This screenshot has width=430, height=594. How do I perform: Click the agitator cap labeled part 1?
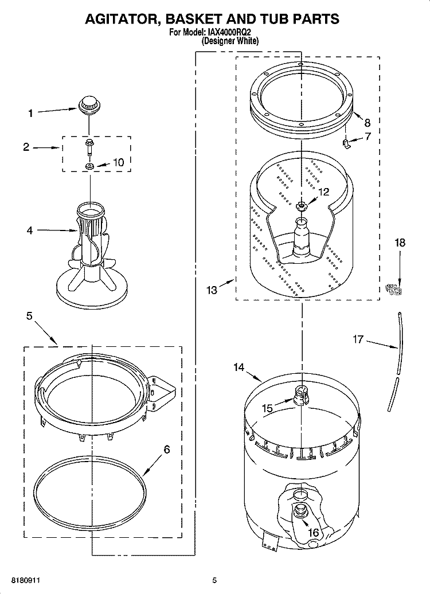[x=89, y=104]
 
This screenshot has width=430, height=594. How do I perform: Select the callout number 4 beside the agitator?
[x=30, y=230]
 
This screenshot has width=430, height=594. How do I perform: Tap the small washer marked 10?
[x=90, y=166]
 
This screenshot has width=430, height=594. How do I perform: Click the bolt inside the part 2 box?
[x=90, y=148]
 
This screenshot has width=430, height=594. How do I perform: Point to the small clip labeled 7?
[x=347, y=141]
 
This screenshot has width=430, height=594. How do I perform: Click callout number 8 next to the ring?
[x=367, y=122]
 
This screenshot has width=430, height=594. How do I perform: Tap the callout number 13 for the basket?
[x=212, y=290]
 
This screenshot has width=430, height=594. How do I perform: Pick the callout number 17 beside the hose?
[x=358, y=340]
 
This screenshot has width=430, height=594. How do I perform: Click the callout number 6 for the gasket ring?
[x=167, y=450]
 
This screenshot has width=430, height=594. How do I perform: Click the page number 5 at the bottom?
[x=214, y=580]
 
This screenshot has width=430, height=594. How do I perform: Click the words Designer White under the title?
[x=230, y=41]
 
